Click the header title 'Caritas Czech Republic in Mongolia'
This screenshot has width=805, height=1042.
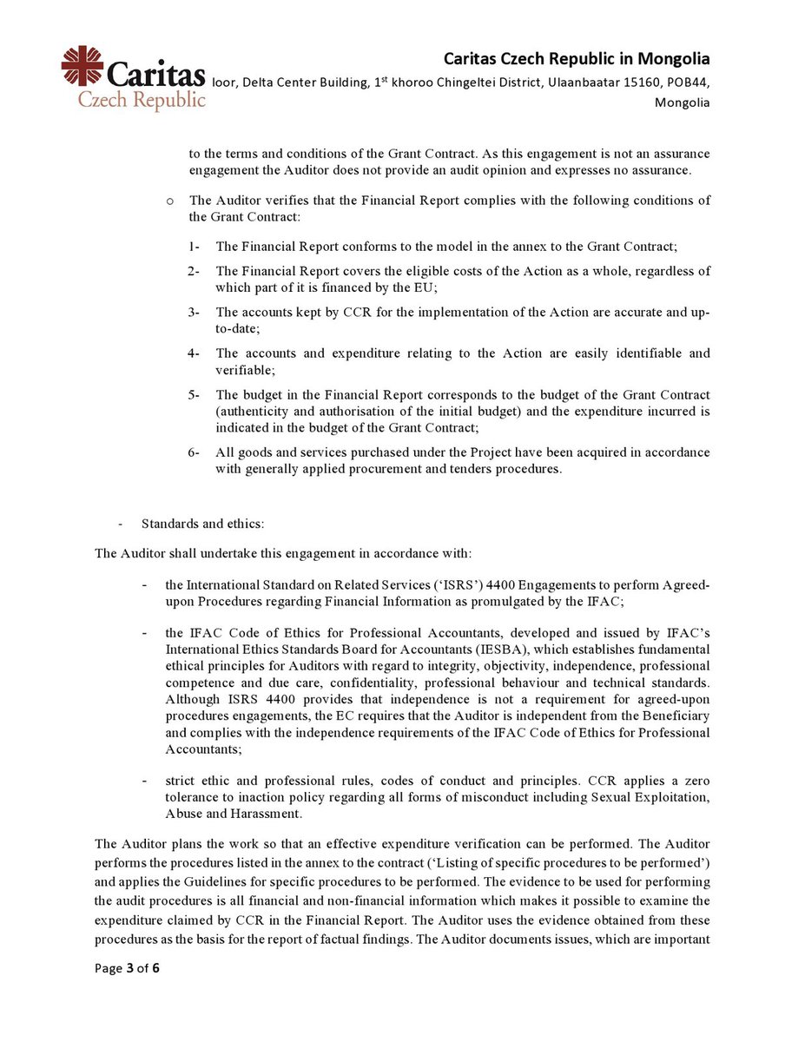pyautogui.click(x=577, y=59)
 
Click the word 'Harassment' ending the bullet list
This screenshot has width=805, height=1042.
pyautogui.click(x=260, y=813)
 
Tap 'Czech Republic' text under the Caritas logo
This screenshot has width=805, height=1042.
pyautogui.click(x=142, y=100)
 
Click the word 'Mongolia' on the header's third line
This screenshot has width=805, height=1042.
pyautogui.click(x=683, y=102)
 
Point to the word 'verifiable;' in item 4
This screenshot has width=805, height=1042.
pyautogui.click(x=247, y=369)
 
